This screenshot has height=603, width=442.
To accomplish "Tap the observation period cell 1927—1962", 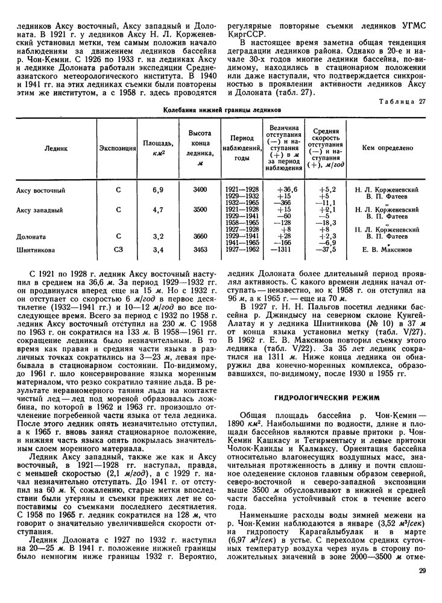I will [241, 248].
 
